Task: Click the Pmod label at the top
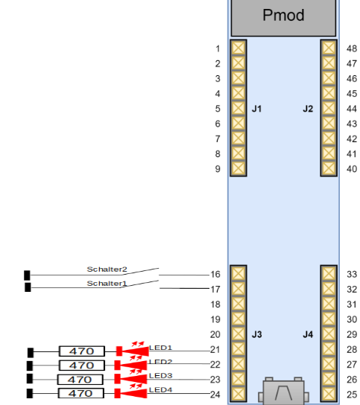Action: [x=283, y=15]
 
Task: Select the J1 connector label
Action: [x=256, y=109]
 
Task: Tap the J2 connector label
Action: [x=308, y=109]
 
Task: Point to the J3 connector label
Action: [x=257, y=334]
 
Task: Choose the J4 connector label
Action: [x=308, y=334]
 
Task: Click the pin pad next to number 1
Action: [x=239, y=48]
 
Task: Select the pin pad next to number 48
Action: [x=329, y=48]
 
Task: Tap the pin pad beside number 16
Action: [x=239, y=273]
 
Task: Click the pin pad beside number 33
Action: [x=329, y=273]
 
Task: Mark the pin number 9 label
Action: [x=218, y=169]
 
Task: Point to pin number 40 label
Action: [x=352, y=169]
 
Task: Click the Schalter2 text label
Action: [x=107, y=270]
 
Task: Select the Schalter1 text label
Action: [x=107, y=284]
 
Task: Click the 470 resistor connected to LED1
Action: [x=82, y=351]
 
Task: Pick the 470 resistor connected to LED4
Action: [x=81, y=393]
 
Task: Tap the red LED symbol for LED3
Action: [x=131, y=378]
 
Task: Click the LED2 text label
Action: [x=160, y=362]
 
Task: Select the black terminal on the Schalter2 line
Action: [x=27, y=275]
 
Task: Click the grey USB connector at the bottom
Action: [x=283, y=391]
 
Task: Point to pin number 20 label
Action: [x=215, y=334]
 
